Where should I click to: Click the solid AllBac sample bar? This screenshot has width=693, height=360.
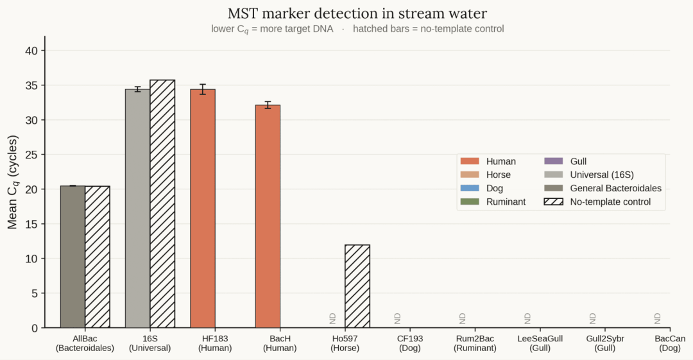click(x=73, y=257)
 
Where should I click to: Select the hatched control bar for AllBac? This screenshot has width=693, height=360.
click(x=98, y=257)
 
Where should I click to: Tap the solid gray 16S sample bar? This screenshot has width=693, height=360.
click(x=137, y=209)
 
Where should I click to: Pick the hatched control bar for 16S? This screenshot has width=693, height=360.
click(x=162, y=204)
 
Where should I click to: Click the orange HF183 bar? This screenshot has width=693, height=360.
click(x=203, y=209)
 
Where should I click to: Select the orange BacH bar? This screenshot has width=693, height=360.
click(x=268, y=216)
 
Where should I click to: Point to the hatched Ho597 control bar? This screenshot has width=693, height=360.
click(x=357, y=286)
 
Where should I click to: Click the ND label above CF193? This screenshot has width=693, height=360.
click(x=397, y=318)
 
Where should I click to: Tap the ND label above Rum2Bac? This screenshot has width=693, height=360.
click(x=462, y=318)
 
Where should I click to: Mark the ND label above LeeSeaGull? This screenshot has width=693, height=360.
click(x=527, y=318)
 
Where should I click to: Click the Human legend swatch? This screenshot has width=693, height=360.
click(x=469, y=162)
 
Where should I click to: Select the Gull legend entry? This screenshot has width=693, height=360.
click(x=565, y=162)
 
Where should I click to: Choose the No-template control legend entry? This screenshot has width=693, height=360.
click(x=597, y=201)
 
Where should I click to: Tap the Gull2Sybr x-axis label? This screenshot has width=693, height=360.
click(x=605, y=343)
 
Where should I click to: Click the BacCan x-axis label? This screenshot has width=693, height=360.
click(x=670, y=343)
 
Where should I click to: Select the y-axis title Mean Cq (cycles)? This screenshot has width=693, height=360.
click(x=13, y=182)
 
